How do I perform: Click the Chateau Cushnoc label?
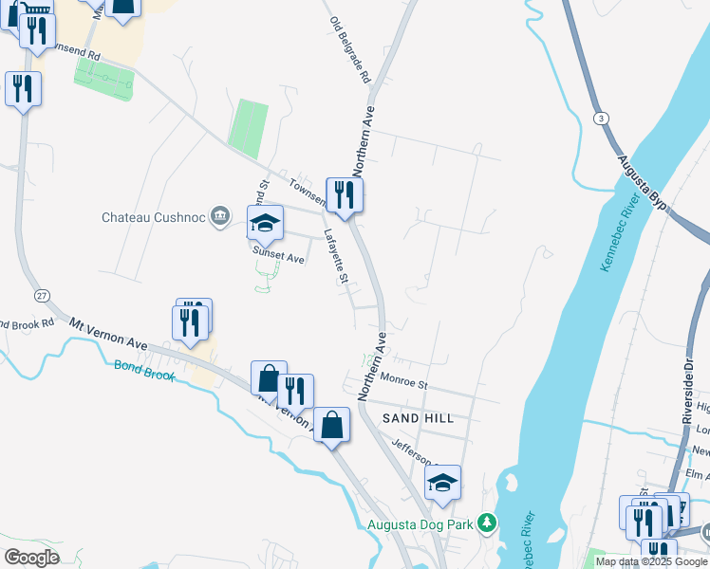pos(154,217)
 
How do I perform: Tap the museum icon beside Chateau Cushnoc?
pos(220,216)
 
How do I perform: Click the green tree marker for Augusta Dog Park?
pos(486,523)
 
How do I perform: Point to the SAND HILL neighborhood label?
pos(418,418)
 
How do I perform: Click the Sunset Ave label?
pos(277,255)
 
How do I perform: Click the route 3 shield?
pos(600,118)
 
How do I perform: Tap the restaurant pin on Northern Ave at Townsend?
pos(345,195)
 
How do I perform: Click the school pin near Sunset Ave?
pos(265,223)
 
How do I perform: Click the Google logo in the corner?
pos(31,557)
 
